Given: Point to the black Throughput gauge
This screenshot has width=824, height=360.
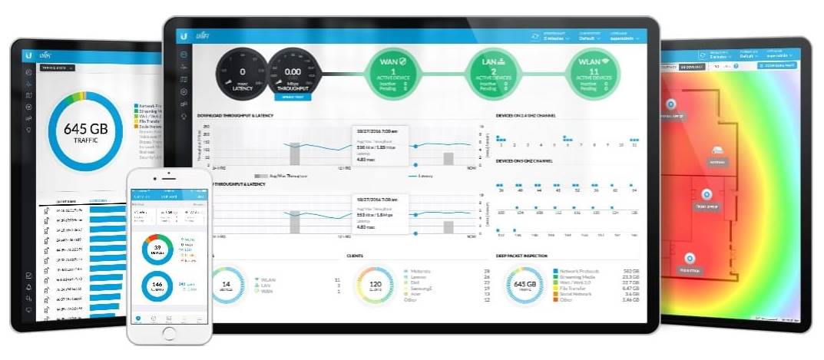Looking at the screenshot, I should pos(293,74).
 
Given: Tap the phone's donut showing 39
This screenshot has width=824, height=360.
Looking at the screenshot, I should pos(158,250).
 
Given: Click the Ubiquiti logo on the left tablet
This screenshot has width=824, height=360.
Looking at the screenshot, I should pos(28,55).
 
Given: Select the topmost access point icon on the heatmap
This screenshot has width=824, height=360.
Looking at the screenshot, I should pos(670,104).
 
